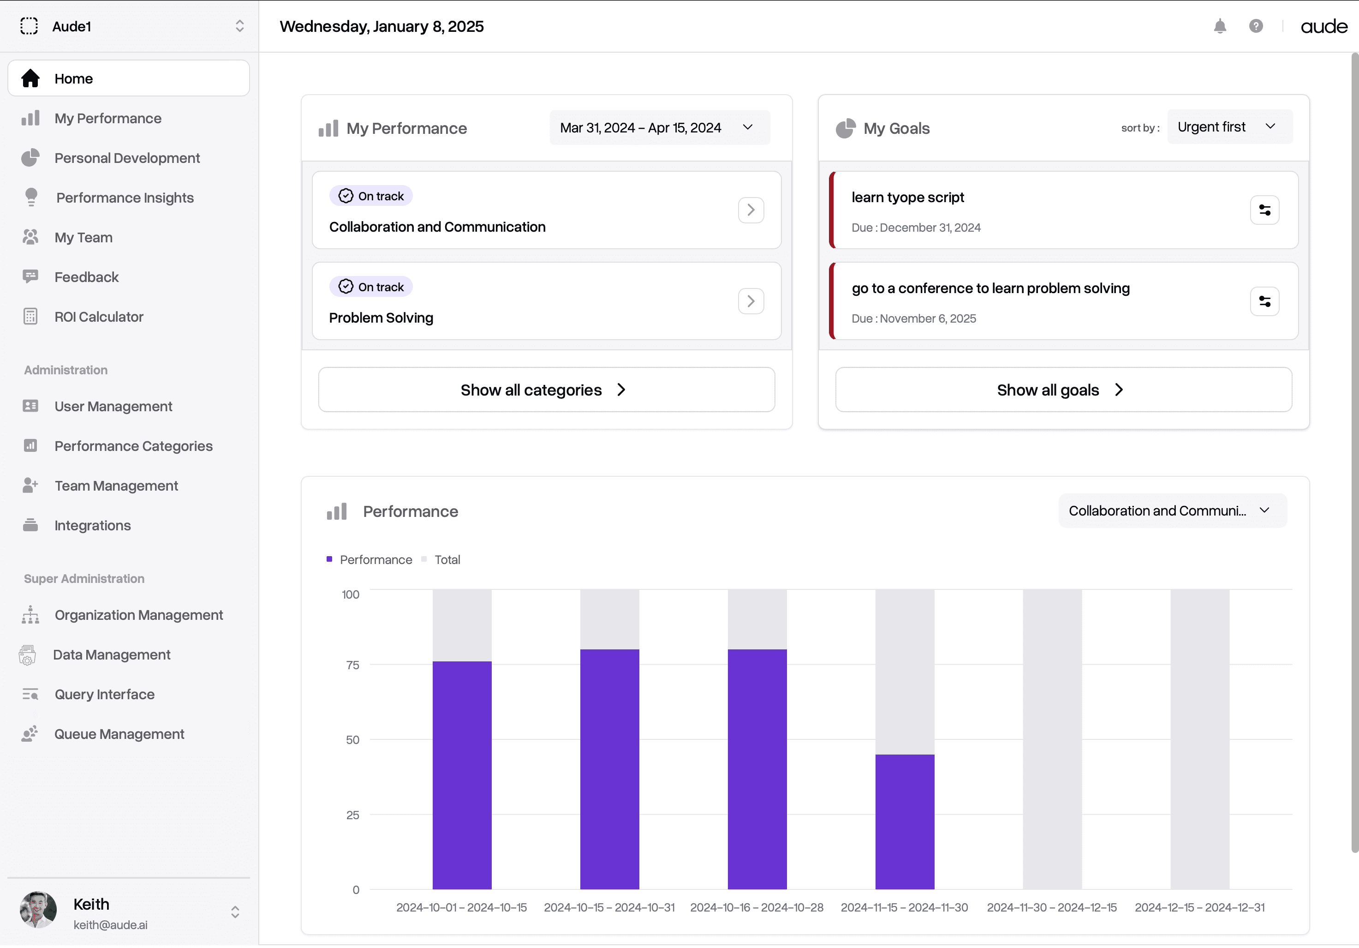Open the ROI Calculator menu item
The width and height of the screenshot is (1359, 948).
pos(98,317)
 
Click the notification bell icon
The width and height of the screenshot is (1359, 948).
pos(1219,26)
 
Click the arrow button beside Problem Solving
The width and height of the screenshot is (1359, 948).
pos(751,301)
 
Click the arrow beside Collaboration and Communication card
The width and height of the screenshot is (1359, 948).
pos(751,210)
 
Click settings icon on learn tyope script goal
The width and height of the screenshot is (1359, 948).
pos(1264,210)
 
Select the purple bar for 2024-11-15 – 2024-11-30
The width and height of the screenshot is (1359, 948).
pos(905,822)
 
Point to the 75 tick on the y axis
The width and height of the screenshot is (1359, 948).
pos(352,665)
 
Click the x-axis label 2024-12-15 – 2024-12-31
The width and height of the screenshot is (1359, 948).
pos(1199,907)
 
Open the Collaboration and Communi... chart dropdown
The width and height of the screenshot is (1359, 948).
pos(1172,511)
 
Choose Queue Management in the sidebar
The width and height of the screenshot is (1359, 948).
pos(119,734)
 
